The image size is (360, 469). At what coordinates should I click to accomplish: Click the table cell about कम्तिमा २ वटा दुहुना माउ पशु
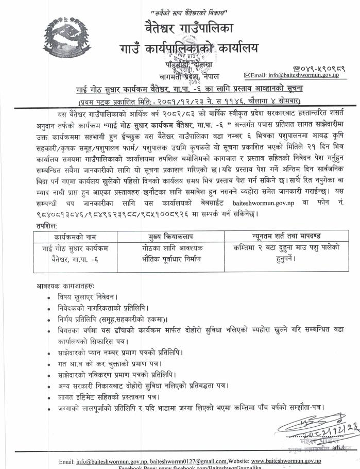(279, 253)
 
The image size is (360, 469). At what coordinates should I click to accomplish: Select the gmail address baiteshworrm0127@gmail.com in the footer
(186, 460)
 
